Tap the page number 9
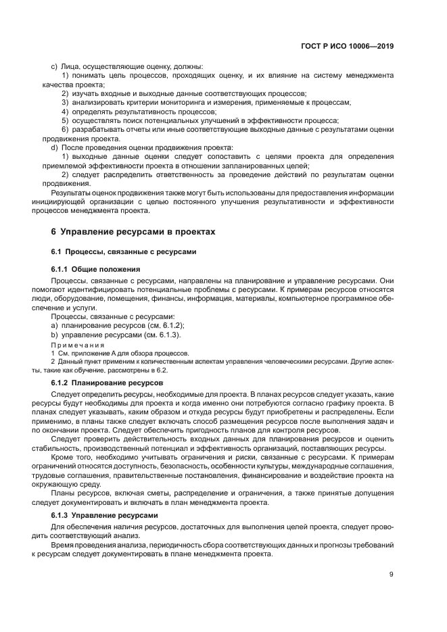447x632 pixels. [392, 575]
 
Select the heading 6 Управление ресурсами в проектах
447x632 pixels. [133, 232]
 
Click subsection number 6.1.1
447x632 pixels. [63, 268]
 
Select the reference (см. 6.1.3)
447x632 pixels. [160, 335]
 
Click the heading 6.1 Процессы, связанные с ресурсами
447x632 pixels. [124, 251]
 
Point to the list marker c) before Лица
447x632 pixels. [54, 67]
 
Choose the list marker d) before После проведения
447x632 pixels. [54, 147]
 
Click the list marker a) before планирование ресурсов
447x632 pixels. [54, 325]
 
